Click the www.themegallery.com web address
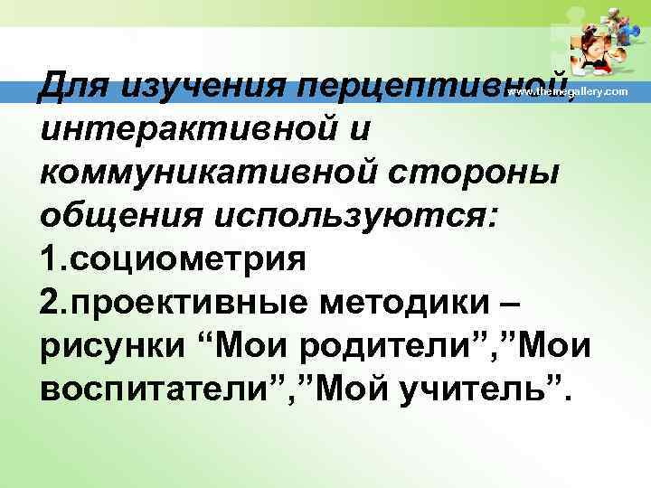click(567, 93)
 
